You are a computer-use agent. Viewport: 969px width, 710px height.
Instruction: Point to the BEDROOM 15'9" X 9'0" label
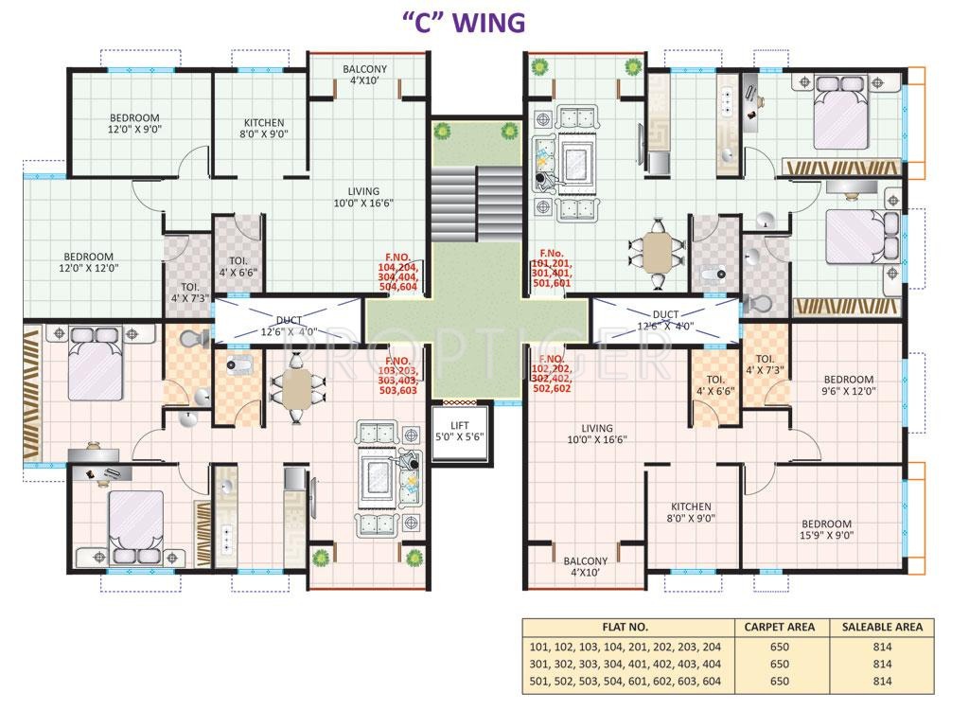pyautogui.click(x=826, y=528)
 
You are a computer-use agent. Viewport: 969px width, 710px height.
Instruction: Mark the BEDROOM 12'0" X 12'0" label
pyautogui.click(x=89, y=262)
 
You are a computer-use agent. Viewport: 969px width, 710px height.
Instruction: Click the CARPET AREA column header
pyautogui.click(x=779, y=627)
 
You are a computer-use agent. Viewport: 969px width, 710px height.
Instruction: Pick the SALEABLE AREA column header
pyautogui.click(x=882, y=627)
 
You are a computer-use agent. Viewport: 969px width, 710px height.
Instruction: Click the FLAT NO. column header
pyautogui.click(x=625, y=627)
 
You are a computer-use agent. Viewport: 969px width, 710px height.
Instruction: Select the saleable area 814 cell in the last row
pyautogui.click(x=882, y=681)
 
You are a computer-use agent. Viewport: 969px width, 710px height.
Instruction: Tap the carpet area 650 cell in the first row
pyautogui.click(x=779, y=647)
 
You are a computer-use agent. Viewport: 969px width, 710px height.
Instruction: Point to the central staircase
pyautogui.click(x=476, y=204)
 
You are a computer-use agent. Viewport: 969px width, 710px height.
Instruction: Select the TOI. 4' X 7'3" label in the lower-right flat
pyautogui.click(x=765, y=364)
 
